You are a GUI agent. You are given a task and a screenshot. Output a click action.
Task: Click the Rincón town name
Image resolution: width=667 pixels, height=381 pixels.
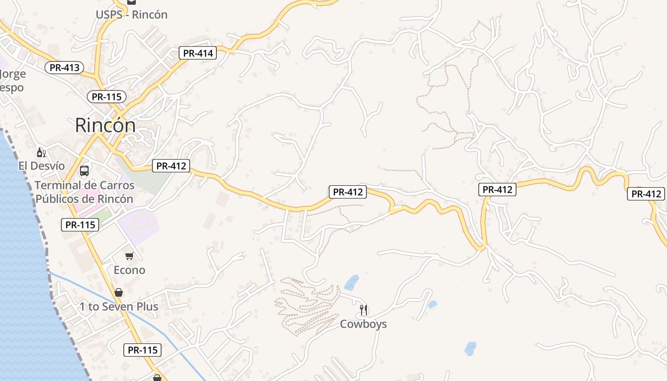point(105,125)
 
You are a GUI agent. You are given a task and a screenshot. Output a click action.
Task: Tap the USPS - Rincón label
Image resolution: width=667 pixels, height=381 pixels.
point(131,14)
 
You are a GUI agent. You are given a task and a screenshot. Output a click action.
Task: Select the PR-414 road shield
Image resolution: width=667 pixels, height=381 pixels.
point(198,53)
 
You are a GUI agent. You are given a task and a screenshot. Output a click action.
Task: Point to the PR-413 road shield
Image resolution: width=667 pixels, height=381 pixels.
point(64,68)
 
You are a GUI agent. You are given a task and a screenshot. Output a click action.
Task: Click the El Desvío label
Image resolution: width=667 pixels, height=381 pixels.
point(41,166)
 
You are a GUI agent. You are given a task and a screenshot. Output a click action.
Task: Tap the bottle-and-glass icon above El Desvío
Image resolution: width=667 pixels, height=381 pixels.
point(41,152)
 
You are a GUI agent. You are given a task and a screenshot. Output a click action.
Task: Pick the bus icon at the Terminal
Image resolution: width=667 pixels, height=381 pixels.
point(84,170)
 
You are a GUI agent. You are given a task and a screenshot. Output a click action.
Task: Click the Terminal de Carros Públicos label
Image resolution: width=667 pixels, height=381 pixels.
point(85,192)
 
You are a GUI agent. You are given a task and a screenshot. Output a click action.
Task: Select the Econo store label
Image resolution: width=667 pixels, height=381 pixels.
point(129,270)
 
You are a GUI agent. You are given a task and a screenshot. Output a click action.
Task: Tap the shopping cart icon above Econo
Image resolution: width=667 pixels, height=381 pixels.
point(129,256)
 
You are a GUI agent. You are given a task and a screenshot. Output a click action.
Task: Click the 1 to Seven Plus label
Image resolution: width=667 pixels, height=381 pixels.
point(119,306)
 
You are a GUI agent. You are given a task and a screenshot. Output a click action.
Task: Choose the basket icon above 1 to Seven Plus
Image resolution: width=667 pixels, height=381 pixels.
point(119,292)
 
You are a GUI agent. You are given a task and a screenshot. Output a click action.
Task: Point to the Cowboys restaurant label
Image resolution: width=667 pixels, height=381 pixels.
point(363,324)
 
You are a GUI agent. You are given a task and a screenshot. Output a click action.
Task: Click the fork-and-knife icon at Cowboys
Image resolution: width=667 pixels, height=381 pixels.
point(364,310)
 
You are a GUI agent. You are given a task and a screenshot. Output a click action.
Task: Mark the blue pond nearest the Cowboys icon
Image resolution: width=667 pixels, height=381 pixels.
point(352,282)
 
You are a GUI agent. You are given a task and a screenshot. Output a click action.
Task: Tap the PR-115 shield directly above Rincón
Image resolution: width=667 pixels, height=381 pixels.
point(107,97)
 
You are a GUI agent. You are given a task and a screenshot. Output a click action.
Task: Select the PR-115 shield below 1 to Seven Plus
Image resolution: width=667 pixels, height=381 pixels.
point(143,350)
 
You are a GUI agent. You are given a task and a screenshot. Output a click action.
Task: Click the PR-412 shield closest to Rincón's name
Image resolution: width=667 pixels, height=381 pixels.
point(171,166)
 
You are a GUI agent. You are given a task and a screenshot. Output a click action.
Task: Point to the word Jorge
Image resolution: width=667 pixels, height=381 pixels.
point(13,74)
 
